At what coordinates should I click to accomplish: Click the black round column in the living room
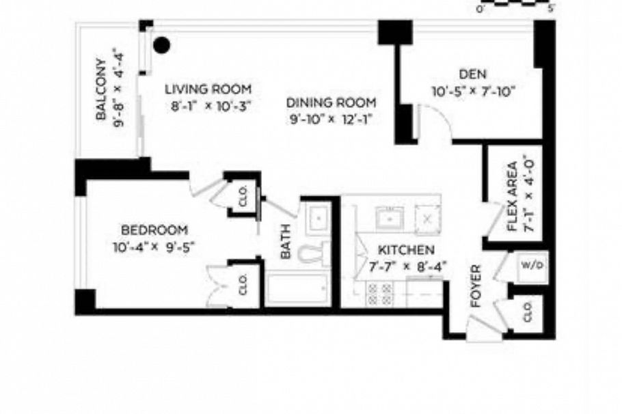click(x=161, y=46)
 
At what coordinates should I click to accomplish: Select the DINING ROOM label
click(x=332, y=102)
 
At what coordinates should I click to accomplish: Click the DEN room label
click(x=472, y=74)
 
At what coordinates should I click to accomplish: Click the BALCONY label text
click(x=100, y=85)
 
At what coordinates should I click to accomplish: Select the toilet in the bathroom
click(x=316, y=253)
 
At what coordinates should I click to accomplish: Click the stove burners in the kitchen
click(x=380, y=294)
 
